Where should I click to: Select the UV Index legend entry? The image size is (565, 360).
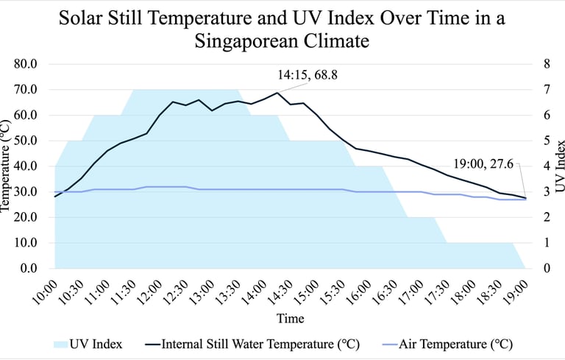point(89,344)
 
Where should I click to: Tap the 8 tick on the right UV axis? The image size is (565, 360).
point(546,64)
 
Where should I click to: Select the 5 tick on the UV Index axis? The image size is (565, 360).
point(546,141)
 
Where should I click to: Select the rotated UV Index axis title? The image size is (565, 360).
point(559,165)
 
